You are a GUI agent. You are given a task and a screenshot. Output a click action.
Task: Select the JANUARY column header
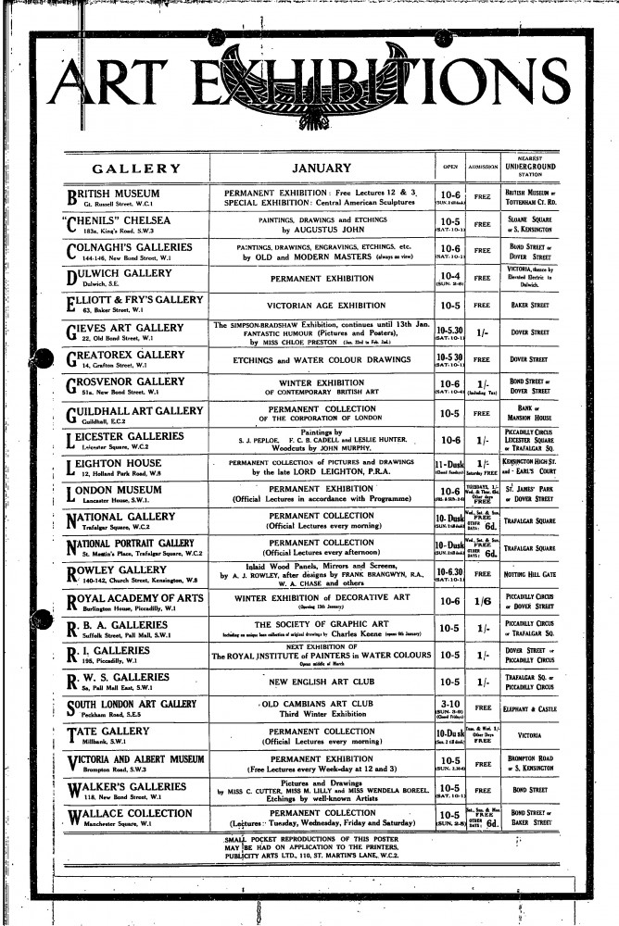[321, 169]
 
